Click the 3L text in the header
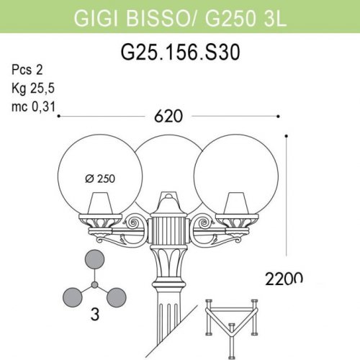(x=276, y=17)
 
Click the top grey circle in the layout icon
(x=94, y=261)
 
